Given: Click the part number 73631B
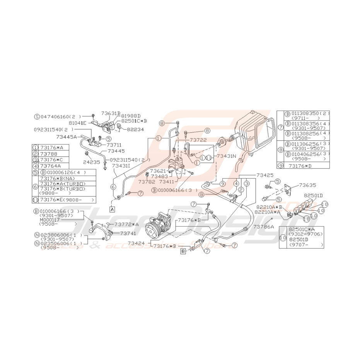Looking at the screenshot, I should pos(111,114).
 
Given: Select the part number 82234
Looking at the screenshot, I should pos(135,130).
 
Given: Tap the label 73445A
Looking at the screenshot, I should pos(66,136).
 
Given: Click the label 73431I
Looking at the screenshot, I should pos(121,165).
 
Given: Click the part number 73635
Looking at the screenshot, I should pos(307,185).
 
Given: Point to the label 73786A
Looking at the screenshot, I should pos(264,227).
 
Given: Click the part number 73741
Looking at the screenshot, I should pos(128,234).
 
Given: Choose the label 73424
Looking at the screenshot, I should pos(136,243).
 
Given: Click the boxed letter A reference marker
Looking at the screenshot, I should pos(112,209).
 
